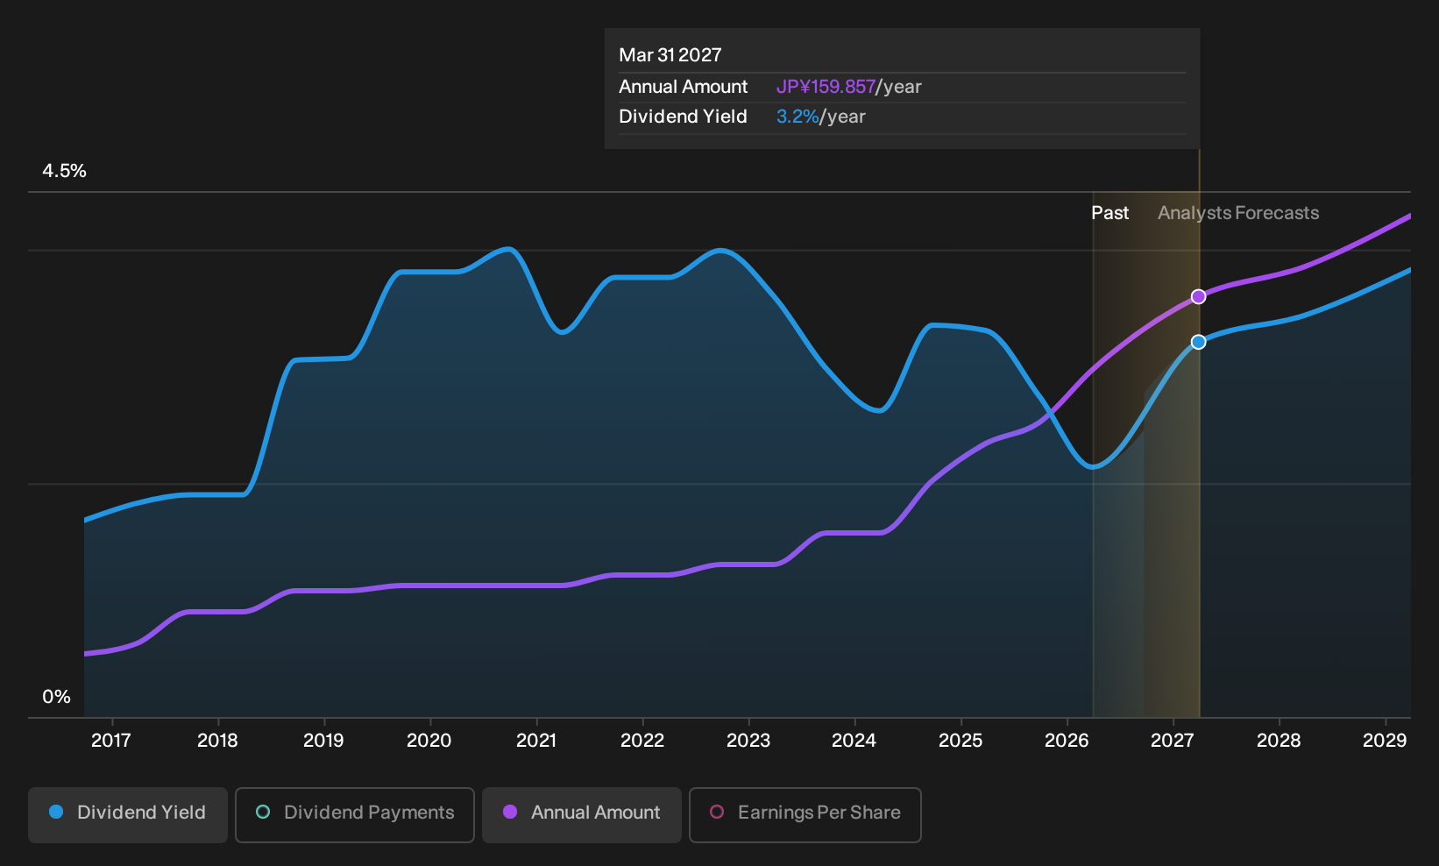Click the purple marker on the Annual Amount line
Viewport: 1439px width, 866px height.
(1198, 297)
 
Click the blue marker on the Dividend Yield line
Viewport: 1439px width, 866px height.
(1198, 343)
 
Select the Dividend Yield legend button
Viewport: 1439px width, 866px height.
(128, 814)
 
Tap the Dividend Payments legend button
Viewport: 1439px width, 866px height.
(355, 814)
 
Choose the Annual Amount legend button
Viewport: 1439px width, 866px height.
(581, 814)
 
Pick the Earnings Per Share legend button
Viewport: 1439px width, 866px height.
(805, 814)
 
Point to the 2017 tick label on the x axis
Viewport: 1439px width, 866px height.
(111, 741)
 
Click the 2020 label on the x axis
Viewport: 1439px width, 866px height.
(429, 741)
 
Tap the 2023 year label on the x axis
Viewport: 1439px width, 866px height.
(748, 741)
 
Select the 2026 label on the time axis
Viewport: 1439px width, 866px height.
(1067, 741)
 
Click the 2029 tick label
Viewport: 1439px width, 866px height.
(1385, 741)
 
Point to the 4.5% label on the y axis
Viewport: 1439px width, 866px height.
(64, 171)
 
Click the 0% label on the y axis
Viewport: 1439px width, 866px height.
(57, 697)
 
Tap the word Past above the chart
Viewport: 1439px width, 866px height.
(1110, 213)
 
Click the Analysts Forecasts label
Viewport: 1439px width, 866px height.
(1238, 213)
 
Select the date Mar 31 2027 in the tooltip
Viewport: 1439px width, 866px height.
(670, 55)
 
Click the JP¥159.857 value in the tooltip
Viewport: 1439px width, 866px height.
(826, 87)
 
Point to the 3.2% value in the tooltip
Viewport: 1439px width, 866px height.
(797, 117)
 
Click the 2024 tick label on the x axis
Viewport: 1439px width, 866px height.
(854, 741)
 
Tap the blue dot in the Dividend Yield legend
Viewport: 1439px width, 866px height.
(57, 812)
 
